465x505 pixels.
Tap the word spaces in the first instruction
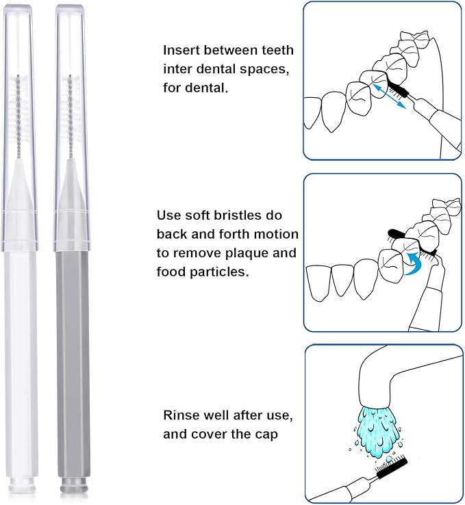point(249,69)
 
